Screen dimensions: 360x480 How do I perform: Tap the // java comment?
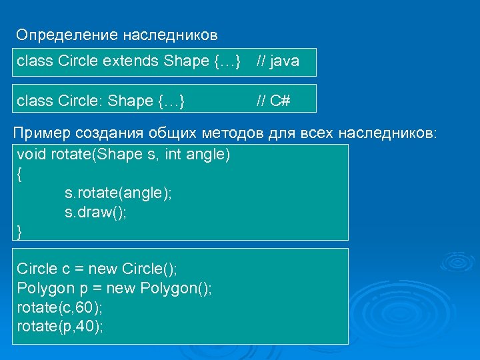click(x=278, y=62)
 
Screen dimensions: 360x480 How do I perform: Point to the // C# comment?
click(x=273, y=101)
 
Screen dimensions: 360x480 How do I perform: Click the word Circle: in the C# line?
click(x=81, y=101)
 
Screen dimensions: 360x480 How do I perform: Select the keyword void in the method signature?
click(x=30, y=155)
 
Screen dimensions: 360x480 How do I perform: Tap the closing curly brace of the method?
click(x=19, y=231)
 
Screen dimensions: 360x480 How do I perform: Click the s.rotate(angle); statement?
click(x=118, y=193)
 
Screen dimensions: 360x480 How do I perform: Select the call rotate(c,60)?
click(x=59, y=307)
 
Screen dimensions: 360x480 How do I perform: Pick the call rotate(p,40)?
click(x=59, y=327)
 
